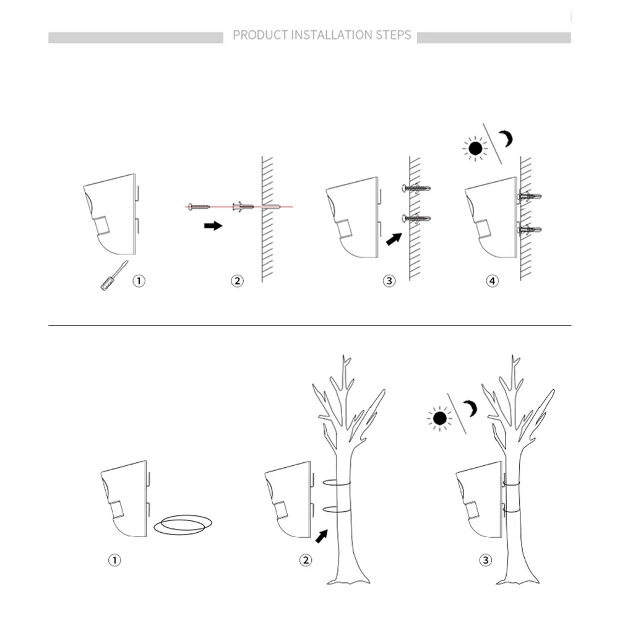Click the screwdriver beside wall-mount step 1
(x=114, y=275)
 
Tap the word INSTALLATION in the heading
(x=332, y=35)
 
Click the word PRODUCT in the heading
(x=260, y=35)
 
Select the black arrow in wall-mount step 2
(x=213, y=226)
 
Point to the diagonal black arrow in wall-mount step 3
(x=394, y=239)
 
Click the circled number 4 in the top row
(x=493, y=281)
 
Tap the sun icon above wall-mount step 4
(x=475, y=149)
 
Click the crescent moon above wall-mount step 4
(x=507, y=139)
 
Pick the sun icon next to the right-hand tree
(x=440, y=418)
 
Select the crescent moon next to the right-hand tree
(x=471, y=408)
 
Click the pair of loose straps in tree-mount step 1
(x=183, y=525)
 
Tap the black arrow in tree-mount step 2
(x=322, y=536)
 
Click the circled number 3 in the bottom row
(x=486, y=560)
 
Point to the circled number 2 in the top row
(x=237, y=281)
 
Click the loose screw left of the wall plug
(x=199, y=207)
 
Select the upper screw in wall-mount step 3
(x=416, y=188)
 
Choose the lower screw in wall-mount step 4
(x=530, y=229)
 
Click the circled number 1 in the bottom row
(x=114, y=560)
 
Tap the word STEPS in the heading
(x=394, y=35)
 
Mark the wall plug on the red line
(x=243, y=206)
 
